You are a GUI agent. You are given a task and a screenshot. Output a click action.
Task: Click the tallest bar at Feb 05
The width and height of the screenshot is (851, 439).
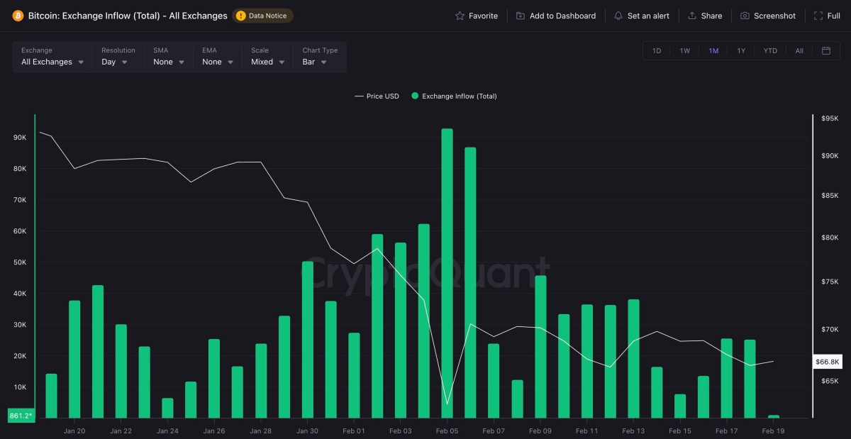[x=447, y=273]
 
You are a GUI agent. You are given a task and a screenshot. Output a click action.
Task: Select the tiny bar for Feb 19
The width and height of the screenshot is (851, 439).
[x=773, y=416]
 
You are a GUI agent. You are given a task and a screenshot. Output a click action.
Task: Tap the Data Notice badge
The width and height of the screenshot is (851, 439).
[x=262, y=16]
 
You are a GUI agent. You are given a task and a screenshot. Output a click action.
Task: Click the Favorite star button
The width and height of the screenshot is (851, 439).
[x=477, y=16]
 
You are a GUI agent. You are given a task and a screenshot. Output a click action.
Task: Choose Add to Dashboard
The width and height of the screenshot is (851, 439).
[x=555, y=16]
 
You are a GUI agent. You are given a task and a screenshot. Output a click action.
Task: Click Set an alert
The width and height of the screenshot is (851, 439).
[x=641, y=16]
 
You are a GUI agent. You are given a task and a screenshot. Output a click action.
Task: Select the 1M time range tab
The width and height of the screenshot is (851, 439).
[x=713, y=51]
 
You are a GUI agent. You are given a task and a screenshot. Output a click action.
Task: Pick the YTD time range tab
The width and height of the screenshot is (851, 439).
[x=770, y=51]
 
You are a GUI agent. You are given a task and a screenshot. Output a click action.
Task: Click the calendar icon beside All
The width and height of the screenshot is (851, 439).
[x=826, y=51]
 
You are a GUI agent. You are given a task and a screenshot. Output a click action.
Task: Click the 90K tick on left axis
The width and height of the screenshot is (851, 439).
[x=20, y=138]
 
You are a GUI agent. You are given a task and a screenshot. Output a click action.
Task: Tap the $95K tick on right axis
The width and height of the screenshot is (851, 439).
[x=830, y=118]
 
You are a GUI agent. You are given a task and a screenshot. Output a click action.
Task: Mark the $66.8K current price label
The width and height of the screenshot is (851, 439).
[x=828, y=362]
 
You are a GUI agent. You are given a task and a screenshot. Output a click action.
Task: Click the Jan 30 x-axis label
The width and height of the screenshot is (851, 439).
[x=307, y=430]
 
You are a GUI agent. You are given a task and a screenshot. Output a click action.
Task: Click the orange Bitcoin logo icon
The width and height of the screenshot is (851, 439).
[x=18, y=16]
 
